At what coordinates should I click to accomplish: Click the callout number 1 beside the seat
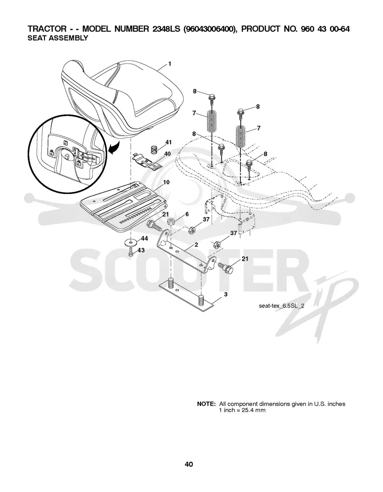(x=169, y=64)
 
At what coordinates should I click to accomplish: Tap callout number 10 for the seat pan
(x=166, y=183)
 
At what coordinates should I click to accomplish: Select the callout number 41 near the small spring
(x=169, y=142)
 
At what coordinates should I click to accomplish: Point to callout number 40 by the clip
(x=168, y=154)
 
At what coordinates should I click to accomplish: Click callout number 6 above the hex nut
(x=187, y=214)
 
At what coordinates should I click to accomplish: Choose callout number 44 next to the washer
(x=144, y=239)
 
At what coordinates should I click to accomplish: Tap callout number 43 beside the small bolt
(x=141, y=250)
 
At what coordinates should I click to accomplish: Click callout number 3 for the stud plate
(x=225, y=295)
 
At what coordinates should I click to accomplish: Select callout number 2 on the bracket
(x=196, y=245)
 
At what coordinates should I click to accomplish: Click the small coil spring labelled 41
(x=154, y=149)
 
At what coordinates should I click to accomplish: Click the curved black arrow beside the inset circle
(x=114, y=148)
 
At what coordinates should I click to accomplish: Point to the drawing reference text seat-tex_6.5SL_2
(x=282, y=306)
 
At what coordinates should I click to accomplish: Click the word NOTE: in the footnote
(x=206, y=404)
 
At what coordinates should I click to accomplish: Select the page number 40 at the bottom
(x=189, y=464)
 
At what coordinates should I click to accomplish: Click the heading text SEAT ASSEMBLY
(x=58, y=38)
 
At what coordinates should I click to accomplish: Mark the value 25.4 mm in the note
(x=253, y=410)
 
